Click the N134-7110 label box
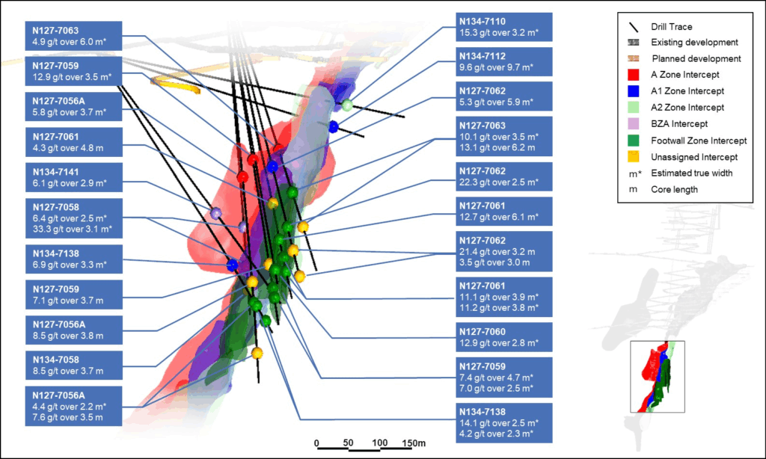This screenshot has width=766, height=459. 505,27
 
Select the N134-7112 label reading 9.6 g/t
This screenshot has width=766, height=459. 505,61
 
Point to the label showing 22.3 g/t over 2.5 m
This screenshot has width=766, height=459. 505,176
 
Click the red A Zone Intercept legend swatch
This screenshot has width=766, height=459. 633,75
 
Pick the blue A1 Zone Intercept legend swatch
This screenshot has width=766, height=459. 633,91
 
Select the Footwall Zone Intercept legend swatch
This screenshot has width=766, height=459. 633,141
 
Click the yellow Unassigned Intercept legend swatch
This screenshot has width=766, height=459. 633,157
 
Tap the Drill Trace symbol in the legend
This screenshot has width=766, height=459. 633,26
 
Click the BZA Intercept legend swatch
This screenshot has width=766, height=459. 633,124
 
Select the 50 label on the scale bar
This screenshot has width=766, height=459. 348,443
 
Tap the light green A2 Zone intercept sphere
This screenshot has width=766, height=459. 347,105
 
